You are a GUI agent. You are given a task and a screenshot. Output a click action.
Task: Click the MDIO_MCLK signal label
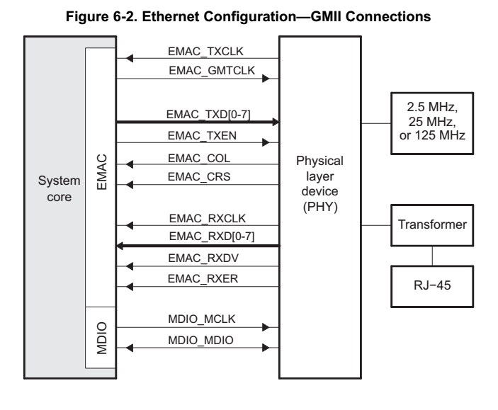(203, 321)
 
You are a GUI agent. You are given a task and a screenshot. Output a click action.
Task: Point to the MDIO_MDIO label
(203, 341)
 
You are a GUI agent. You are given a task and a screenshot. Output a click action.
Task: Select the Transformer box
(431, 227)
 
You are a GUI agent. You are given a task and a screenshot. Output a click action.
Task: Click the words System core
(54, 189)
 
